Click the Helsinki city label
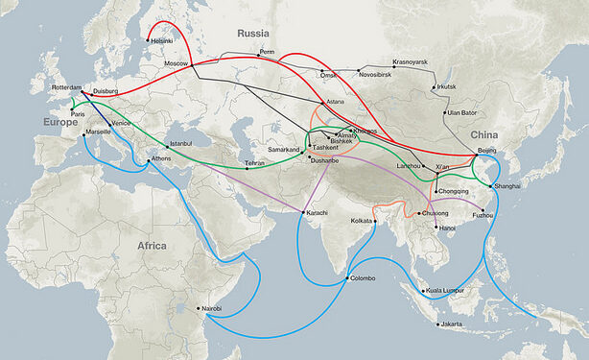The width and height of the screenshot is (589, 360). click(x=162, y=41)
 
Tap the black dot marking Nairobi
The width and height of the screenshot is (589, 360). click(x=199, y=308)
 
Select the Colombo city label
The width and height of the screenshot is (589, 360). click(x=364, y=278)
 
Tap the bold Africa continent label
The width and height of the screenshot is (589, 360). click(x=152, y=246)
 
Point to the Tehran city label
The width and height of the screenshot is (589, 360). click(x=255, y=164)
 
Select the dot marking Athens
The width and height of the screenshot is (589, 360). click(x=148, y=158)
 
